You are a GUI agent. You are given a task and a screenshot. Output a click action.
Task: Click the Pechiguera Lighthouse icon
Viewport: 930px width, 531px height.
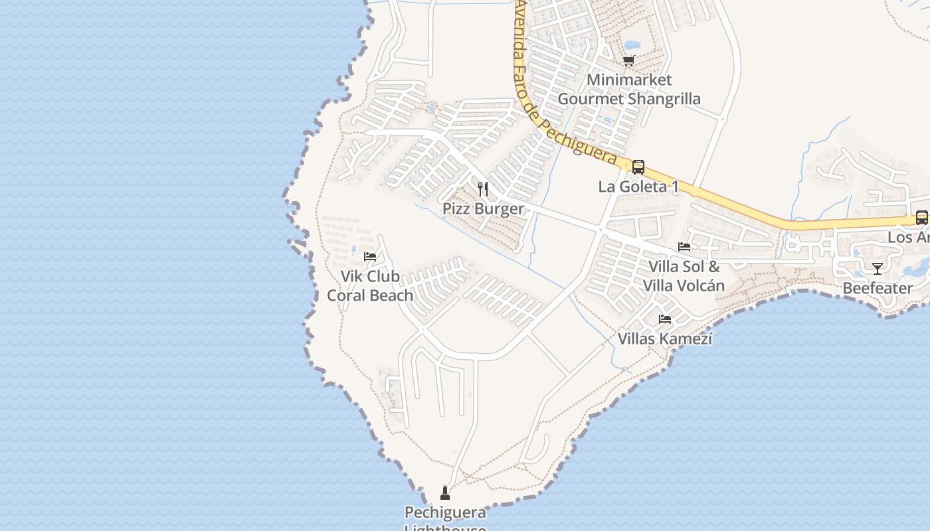[x=445, y=493]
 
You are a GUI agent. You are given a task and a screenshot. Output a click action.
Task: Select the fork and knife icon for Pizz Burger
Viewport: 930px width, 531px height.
[x=483, y=189]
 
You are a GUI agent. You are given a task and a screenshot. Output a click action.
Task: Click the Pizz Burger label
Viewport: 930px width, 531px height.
[x=483, y=208]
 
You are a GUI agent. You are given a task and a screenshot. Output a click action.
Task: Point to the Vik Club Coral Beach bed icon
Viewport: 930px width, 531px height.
[x=370, y=257]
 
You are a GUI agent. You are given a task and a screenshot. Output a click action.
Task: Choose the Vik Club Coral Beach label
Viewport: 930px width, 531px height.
[x=370, y=285]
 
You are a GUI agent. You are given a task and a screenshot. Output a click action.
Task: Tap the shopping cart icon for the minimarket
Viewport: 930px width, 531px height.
[x=628, y=61]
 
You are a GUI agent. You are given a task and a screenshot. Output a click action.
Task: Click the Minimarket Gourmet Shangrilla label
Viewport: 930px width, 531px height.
[x=628, y=89]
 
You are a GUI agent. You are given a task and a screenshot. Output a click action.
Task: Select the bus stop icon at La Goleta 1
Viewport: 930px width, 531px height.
[x=638, y=167]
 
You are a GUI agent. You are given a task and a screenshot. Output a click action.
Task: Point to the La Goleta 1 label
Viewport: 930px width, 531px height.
[x=638, y=187]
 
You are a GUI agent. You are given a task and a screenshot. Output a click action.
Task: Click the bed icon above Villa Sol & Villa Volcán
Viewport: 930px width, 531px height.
[x=684, y=247]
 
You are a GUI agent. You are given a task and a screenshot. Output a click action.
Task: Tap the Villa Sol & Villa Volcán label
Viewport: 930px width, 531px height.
[x=684, y=276]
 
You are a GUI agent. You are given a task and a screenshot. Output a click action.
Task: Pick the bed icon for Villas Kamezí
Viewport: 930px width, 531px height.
[x=665, y=319]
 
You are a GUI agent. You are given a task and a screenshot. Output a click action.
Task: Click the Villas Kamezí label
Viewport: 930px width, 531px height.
[x=665, y=339]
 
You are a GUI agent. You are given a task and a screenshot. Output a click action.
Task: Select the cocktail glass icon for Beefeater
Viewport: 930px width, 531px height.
[x=878, y=269]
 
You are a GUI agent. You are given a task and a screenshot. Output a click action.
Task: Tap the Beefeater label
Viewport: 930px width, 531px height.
[x=878, y=288]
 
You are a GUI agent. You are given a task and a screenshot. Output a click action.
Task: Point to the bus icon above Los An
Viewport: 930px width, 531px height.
[x=921, y=217]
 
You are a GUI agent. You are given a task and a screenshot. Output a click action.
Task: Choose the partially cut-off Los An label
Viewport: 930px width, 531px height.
[x=908, y=237]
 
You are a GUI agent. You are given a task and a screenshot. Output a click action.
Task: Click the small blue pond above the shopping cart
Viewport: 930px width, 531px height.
[x=632, y=45]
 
